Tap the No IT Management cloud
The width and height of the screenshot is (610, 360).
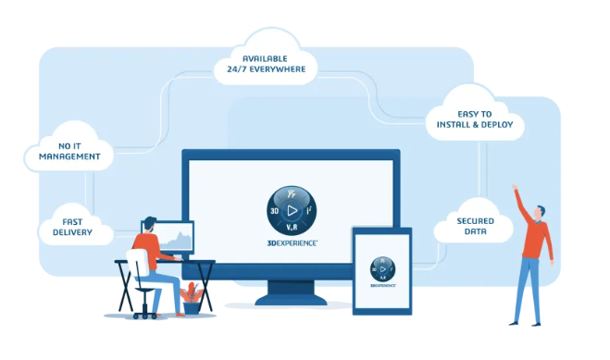point(69,150)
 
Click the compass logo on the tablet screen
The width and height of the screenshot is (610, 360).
point(382,267)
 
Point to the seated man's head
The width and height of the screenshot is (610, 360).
point(149,226)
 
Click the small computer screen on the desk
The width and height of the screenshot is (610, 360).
point(175,237)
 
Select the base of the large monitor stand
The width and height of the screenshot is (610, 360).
point(292,299)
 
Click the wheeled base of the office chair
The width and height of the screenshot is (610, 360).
point(145,312)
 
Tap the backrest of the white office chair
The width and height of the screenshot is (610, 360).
point(137,268)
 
